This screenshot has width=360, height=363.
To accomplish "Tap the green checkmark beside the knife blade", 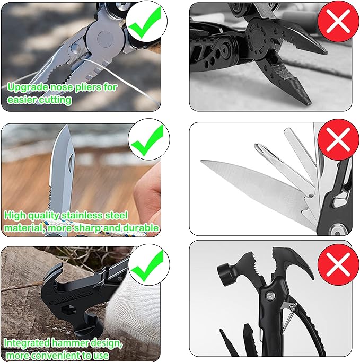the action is (x=146, y=141).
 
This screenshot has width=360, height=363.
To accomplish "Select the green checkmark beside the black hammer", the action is (x=146, y=266).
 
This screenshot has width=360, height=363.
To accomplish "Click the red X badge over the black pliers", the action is (x=338, y=21).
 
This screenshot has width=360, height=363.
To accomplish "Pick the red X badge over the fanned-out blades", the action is (x=338, y=140).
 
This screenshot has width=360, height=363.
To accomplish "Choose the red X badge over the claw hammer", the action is (x=338, y=264).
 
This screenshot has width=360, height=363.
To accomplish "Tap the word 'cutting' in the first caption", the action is (x=55, y=100).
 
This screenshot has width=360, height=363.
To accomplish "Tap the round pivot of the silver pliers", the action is (x=104, y=38).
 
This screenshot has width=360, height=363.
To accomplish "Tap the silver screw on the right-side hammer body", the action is (x=270, y=296).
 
